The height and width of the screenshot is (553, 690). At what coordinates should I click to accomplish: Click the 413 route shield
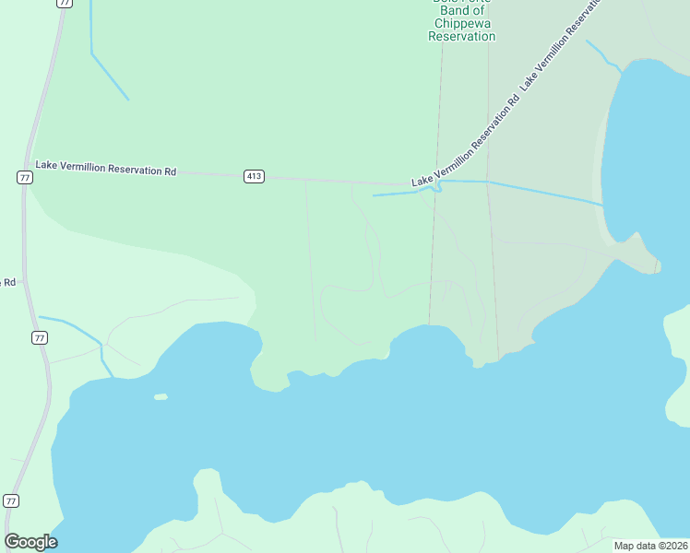254,176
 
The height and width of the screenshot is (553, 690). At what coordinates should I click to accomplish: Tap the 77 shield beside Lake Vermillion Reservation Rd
25,177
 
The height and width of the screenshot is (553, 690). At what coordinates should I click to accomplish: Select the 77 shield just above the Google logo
10,500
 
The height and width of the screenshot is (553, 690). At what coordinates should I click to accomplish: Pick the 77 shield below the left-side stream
39,338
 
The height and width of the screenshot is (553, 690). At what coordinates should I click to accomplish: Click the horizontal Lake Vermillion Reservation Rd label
105,169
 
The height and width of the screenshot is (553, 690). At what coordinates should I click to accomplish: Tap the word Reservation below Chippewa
461,37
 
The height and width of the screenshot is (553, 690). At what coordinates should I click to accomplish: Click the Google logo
30,541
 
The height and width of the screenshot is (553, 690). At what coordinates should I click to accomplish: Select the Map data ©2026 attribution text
650,546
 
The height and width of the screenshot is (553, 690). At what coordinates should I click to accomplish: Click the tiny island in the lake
161,396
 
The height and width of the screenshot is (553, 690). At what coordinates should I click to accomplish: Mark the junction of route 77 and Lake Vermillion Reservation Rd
28,166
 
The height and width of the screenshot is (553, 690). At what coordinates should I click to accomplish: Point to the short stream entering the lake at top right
604,55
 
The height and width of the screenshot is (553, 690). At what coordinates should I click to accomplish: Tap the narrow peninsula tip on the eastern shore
656,266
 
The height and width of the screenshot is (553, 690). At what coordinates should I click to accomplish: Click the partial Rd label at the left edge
8,282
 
